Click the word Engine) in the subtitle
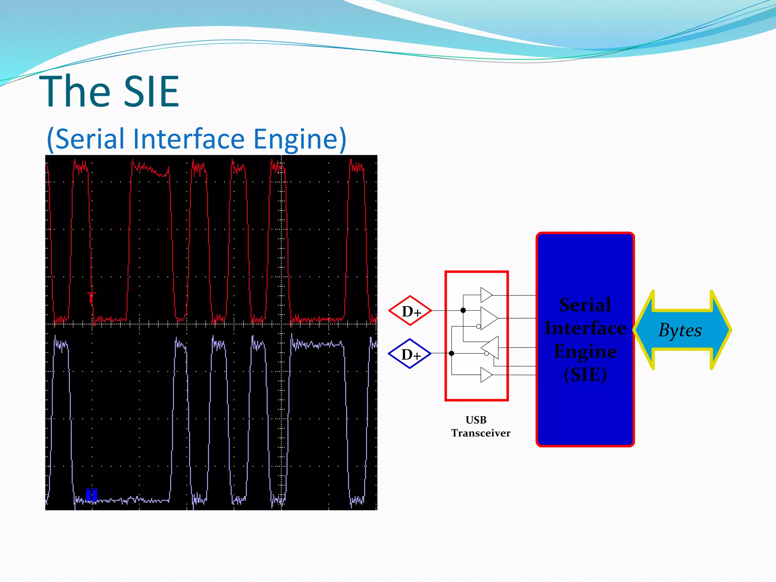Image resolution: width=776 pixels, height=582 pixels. pos(299,139)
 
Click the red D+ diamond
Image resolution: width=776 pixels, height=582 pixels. pos(410,311)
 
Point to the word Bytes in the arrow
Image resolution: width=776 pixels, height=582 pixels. pos(680,330)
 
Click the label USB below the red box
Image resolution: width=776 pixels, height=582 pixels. pos(476,420)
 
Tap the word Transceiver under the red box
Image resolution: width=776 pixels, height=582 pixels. pos(480,433)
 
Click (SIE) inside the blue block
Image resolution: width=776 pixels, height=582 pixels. pos(585,375)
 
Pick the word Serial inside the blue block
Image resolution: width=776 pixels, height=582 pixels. pos(585,305)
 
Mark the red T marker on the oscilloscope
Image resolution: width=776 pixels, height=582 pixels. pos(91,297)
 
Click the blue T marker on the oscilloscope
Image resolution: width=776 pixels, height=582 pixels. pos(91,494)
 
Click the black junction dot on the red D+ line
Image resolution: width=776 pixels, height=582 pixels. pos(463,310)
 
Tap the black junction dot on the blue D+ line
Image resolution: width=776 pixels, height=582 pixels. pos(451,354)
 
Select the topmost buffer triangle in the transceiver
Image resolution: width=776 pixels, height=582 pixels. pos(485,295)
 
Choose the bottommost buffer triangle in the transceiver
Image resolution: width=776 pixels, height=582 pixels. pos(485,375)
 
